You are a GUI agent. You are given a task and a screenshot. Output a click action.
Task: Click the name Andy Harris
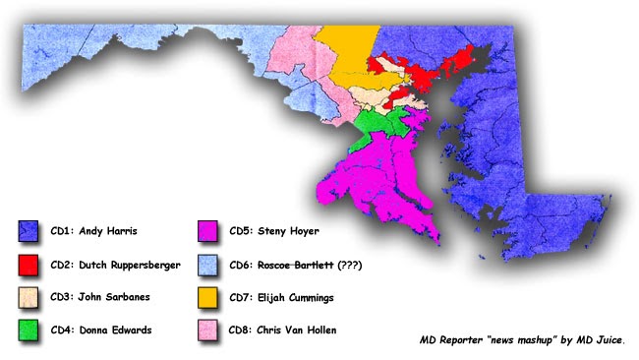108,232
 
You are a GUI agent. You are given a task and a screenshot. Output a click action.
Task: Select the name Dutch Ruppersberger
133,265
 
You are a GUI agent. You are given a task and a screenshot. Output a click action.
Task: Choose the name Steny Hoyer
293,232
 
